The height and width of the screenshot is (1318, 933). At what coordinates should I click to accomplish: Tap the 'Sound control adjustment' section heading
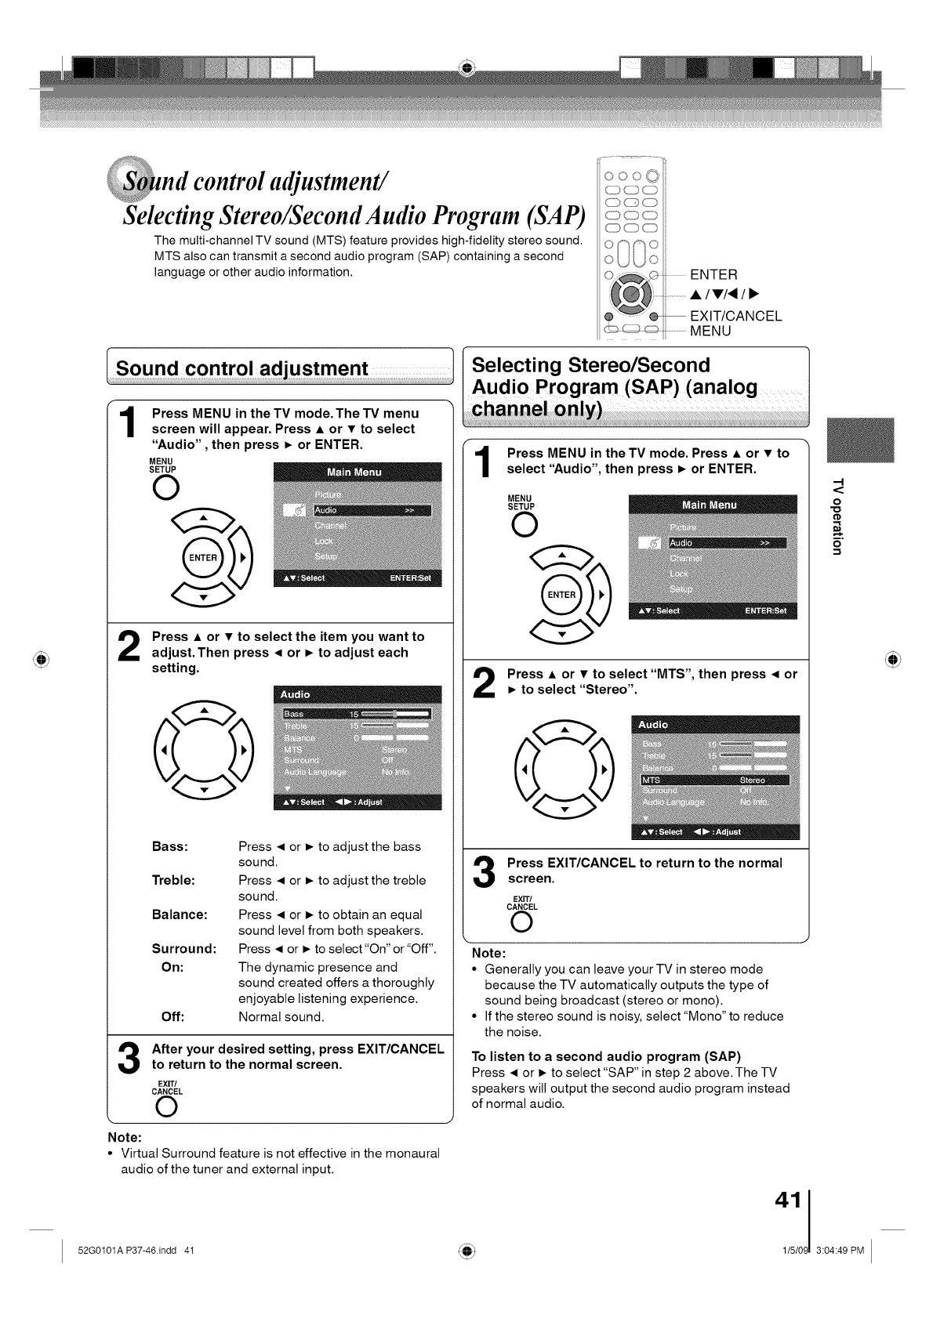(241, 368)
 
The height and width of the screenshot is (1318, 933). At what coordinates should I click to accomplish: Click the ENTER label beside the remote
(713, 274)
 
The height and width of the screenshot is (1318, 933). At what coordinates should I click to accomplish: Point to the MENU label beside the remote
(710, 331)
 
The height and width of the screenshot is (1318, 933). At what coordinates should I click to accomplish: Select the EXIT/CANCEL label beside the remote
(735, 316)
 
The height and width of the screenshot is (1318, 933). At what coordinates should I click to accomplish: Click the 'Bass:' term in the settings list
(169, 846)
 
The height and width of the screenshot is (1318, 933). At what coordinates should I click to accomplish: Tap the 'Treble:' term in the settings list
(173, 880)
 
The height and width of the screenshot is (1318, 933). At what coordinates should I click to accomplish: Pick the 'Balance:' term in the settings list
(180, 914)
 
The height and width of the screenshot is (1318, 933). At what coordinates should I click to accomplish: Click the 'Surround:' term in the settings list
(184, 949)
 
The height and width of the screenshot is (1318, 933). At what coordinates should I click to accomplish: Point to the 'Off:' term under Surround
(172, 1017)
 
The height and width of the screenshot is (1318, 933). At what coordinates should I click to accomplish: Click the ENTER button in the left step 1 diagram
(202, 558)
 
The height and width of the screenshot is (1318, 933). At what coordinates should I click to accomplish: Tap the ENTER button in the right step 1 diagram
(561, 595)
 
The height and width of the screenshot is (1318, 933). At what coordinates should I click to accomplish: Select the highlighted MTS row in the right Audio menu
(715, 780)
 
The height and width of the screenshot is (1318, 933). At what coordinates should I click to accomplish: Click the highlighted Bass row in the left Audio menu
(357, 714)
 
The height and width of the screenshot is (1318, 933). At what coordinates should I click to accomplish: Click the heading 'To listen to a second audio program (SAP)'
(606, 1055)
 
